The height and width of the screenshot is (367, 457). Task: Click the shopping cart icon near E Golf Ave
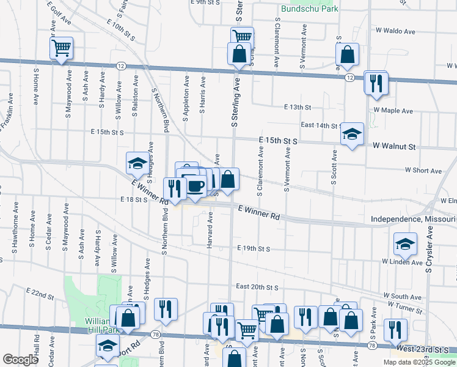[62, 48]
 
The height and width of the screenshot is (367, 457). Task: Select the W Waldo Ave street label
[395, 29]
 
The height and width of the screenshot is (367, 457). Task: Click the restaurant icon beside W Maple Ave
[375, 83]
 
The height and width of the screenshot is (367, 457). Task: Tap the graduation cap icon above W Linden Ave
[404, 245]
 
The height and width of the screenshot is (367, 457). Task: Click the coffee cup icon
[196, 186]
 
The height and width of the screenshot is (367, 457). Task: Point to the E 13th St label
[298, 107]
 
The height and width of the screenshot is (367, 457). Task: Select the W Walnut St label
[395, 147]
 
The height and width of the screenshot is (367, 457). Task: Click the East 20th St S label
[257, 287]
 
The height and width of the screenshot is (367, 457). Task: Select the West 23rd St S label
[425, 349]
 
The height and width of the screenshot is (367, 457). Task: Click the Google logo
[20, 360]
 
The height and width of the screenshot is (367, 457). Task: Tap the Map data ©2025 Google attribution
[419, 362]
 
